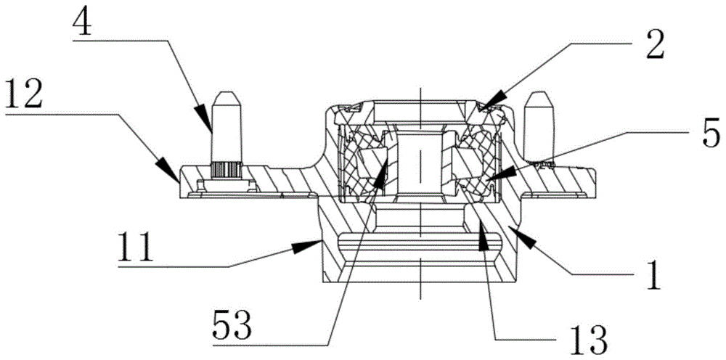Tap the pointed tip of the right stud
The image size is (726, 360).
(540, 93)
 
